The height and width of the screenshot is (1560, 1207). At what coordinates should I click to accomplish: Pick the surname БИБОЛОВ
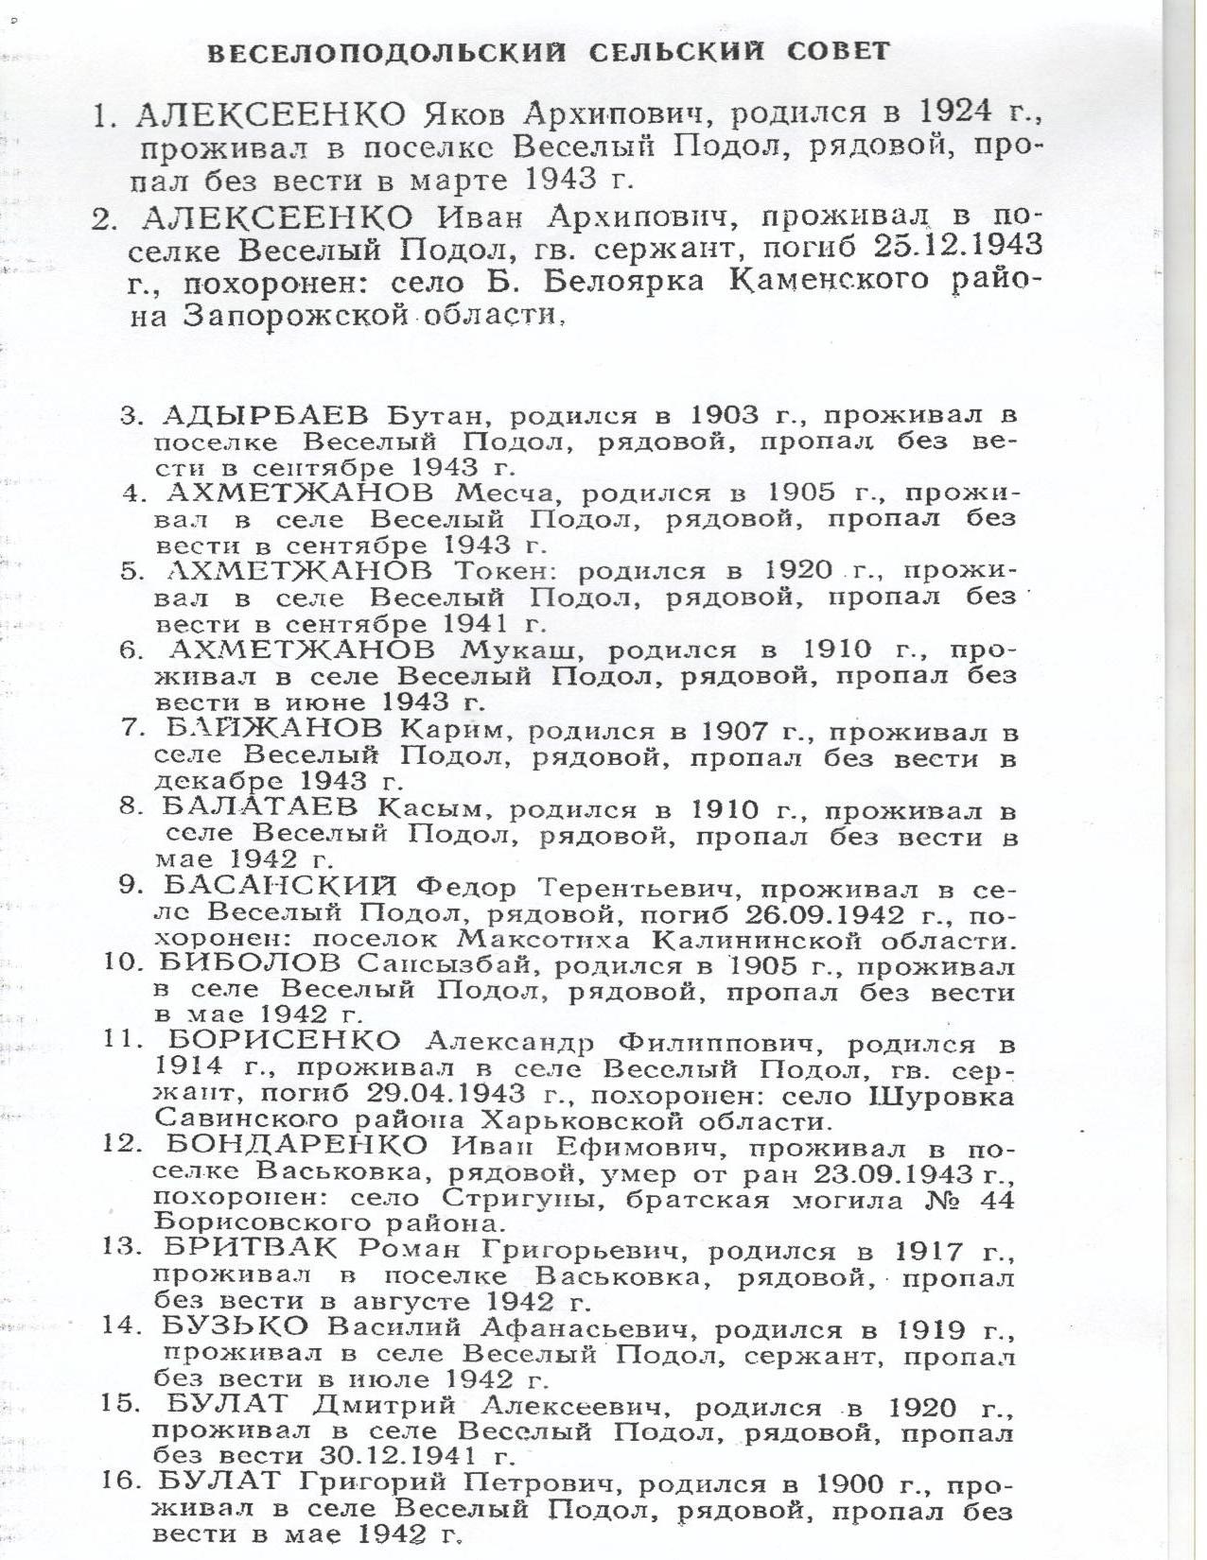pos(252,965)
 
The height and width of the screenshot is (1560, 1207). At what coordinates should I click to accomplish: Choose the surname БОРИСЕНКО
pos(283,1043)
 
